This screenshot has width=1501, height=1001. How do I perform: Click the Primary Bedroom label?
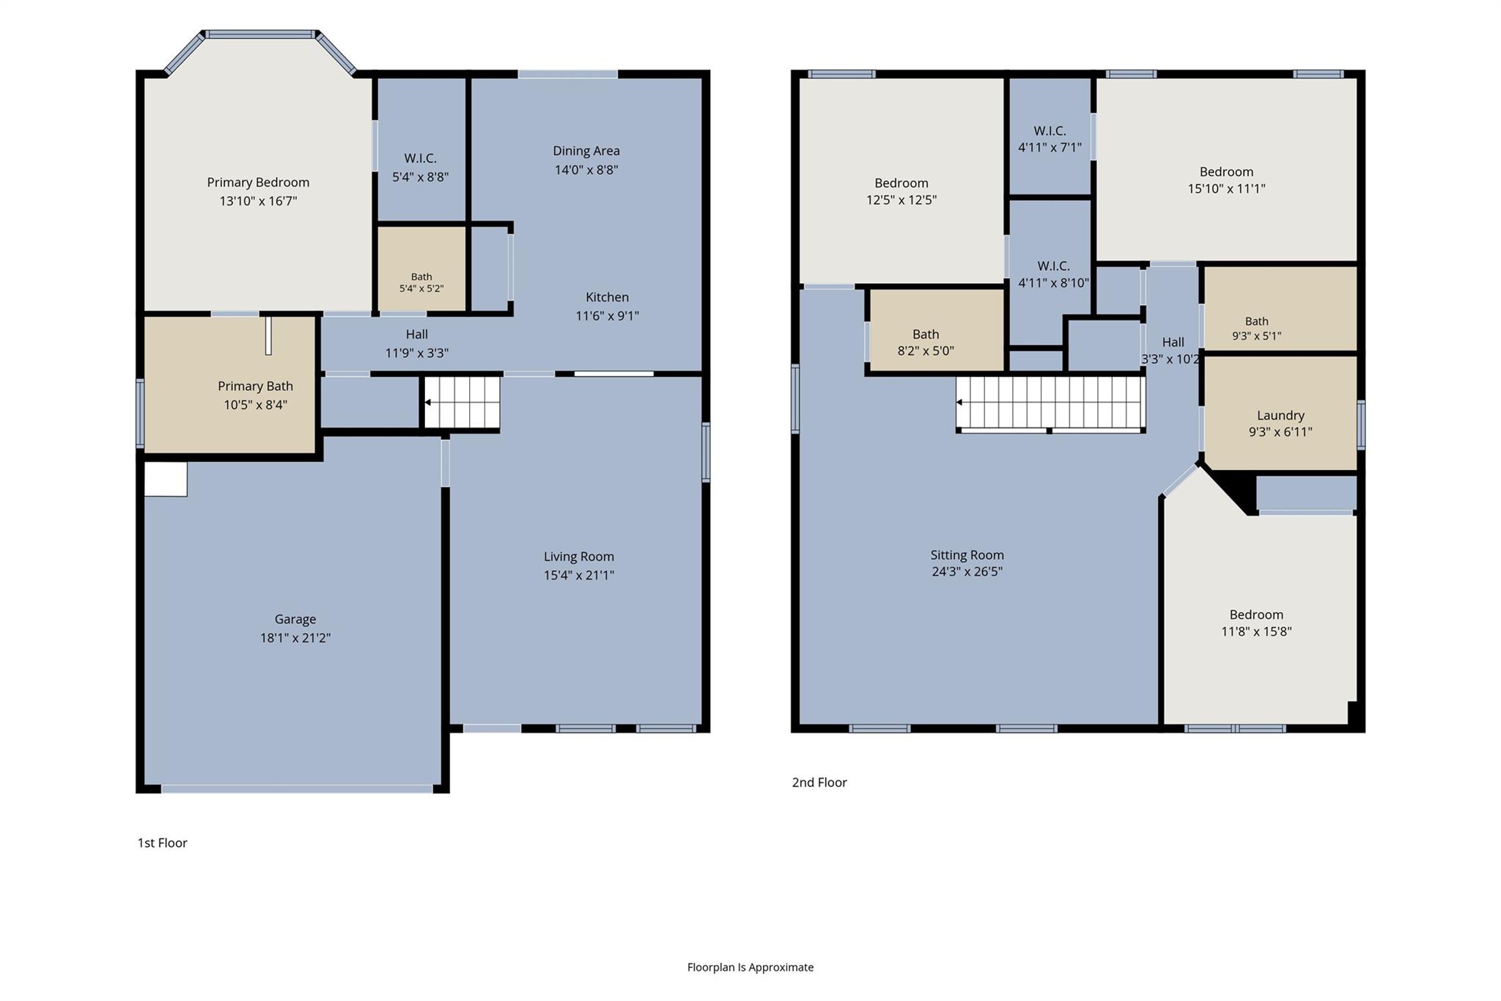pyautogui.click(x=258, y=183)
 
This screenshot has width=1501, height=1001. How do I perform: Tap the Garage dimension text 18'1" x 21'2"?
pyautogui.click(x=295, y=638)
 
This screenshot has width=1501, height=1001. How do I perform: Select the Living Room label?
pyautogui.click(x=579, y=557)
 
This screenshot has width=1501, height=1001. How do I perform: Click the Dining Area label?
pyautogui.click(x=586, y=151)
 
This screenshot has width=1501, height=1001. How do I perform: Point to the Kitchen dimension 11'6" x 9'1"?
pyautogui.click(x=608, y=316)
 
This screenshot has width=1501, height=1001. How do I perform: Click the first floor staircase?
pyautogui.click(x=462, y=402)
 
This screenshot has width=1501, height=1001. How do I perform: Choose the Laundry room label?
pyautogui.click(x=1280, y=415)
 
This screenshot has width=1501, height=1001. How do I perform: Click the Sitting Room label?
pyautogui.click(x=967, y=555)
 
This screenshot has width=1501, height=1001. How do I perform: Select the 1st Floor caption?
pyautogui.click(x=163, y=843)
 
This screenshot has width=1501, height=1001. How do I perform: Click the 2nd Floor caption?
pyautogui.click(x=819, y=782)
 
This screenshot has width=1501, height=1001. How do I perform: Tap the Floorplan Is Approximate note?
pyautogui.click(x=750, y=967)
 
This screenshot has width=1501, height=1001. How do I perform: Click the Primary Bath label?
pyautogui.click(x=255, y=386)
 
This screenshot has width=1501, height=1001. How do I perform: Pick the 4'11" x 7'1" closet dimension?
pyautogui.click(x=1050, y=147)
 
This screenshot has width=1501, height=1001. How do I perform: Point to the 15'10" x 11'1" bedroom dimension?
pyautogui.click(x=1227, y=188)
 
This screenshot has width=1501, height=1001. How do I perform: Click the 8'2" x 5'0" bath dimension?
pyautogui.click(x=926, y=351)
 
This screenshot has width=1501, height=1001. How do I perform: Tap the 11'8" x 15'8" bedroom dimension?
pyautogui.click(x=1256, y=631)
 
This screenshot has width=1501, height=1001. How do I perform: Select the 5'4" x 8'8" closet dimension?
pyautogui.click(x=421, y=177)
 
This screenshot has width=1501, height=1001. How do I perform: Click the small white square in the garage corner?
pyautogui.click(x=166, y=479)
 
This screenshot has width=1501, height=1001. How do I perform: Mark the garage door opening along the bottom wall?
pyautogui.click(x=297, y=789)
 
